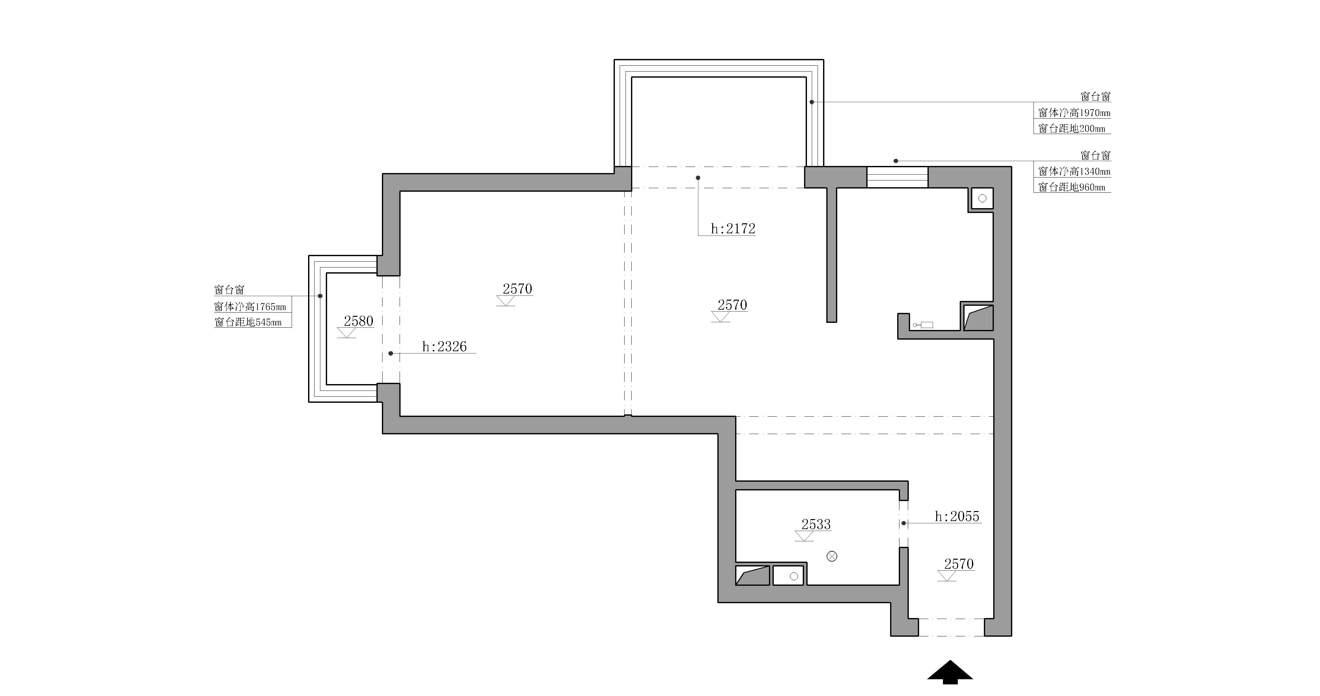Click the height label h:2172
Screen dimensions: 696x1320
pyautogui.click(x=733, y=228)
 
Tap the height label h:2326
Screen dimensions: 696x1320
pyautogui.click(x=444, y=347)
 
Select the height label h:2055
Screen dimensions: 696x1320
pyautogui.click(x=957, y=517)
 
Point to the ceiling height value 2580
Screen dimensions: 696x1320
pyautogui.click(x=358, y=321)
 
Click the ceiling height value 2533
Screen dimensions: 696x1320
pyautogui.click(x=816, y=525)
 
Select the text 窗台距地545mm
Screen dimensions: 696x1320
pyautogui.click(x=248, y=322)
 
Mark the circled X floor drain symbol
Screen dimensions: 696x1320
pyautogui.click(x=832, y=556)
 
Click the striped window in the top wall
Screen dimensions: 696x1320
pyautogui.click(x=897, y=177)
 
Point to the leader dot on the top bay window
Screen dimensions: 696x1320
pyautogui.click(x=812, y=102)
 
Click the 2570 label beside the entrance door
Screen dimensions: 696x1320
pyautogui.click(x=958, y=564)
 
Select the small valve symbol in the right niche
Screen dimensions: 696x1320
pyautogui.click(x=923, y=325)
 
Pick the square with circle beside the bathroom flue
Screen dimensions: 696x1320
pyautogui.click(x=788, y=575)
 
